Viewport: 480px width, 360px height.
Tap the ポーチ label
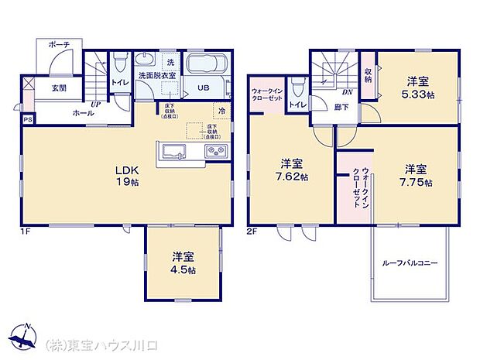tap(59, 46)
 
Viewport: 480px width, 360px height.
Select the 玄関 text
tap(60, 88)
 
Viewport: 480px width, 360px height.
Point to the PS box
tap(28, 119)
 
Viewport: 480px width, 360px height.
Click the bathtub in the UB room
tap(206, 64)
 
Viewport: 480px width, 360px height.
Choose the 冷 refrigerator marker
tap(222, 110)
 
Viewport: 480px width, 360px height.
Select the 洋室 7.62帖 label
tap(292, 170)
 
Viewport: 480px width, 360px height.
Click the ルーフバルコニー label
tap(410, 263)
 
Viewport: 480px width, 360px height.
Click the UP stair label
tap(96, 105)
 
